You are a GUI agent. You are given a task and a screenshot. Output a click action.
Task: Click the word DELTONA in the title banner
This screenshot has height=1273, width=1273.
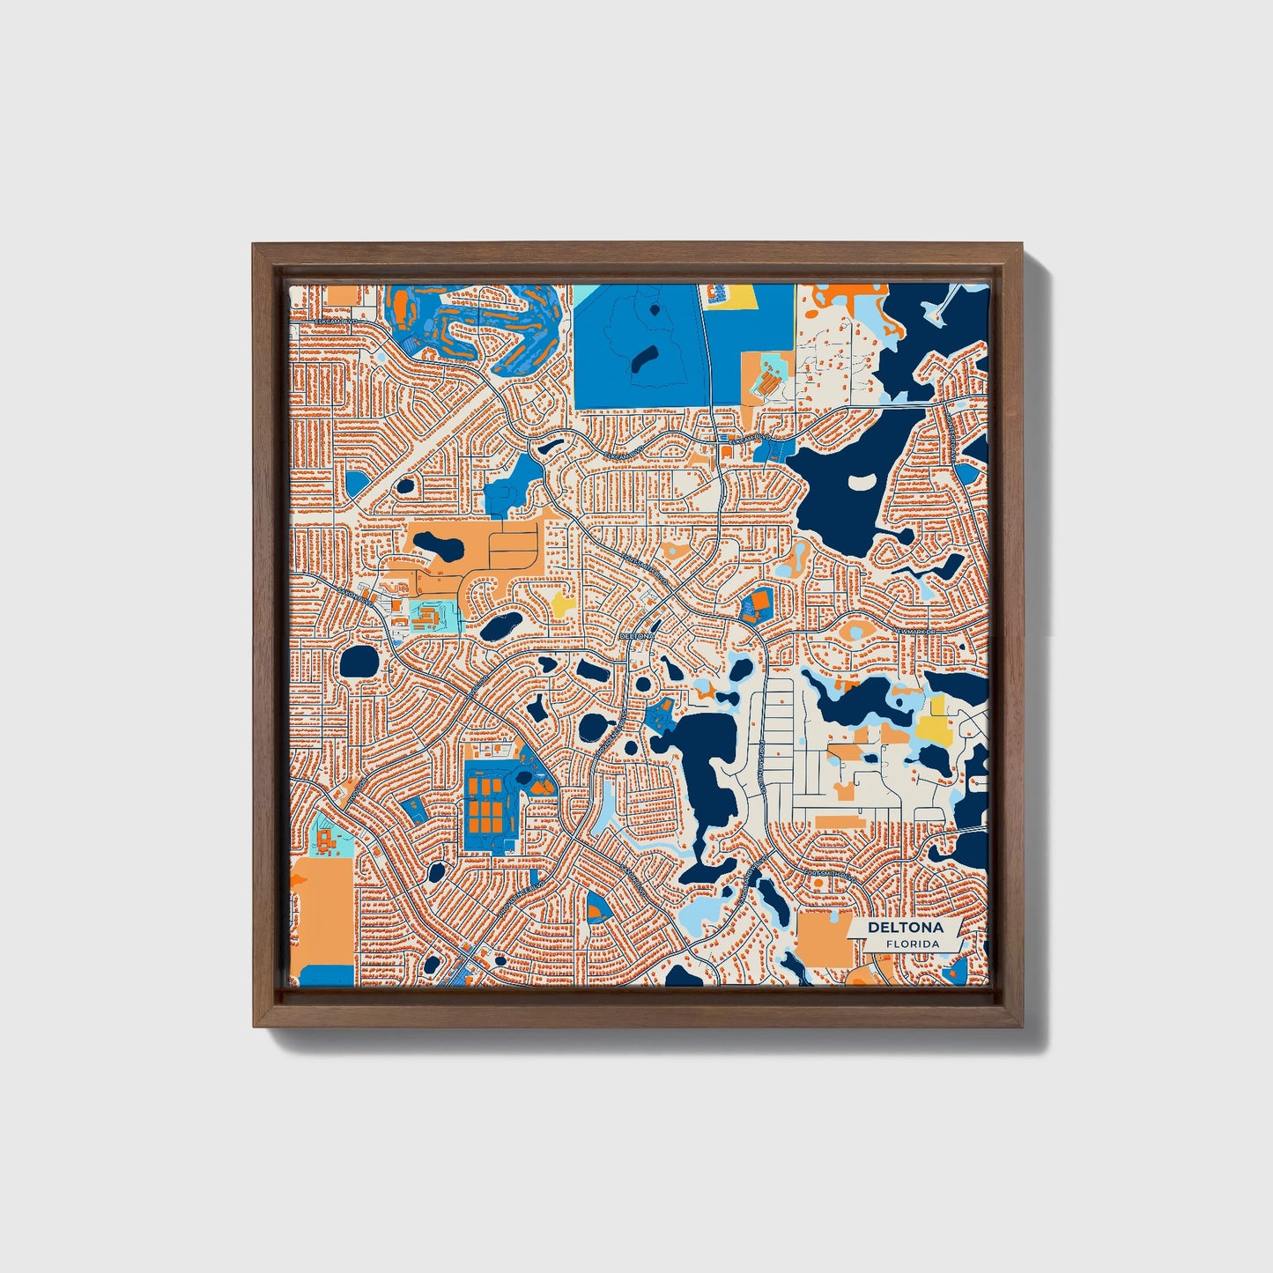905,928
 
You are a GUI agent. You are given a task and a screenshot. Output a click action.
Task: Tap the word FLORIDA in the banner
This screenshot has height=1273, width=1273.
912,944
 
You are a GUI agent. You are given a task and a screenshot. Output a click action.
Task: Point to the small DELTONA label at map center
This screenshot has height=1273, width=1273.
638,635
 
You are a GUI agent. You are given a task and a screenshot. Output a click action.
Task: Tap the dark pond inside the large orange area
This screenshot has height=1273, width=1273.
439,548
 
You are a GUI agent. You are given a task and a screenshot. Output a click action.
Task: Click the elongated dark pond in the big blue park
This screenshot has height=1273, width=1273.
646,357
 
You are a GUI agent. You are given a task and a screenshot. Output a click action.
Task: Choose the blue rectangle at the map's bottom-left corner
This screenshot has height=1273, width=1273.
325,975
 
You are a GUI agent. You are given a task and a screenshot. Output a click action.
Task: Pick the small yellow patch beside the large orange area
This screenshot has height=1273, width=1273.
561,603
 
